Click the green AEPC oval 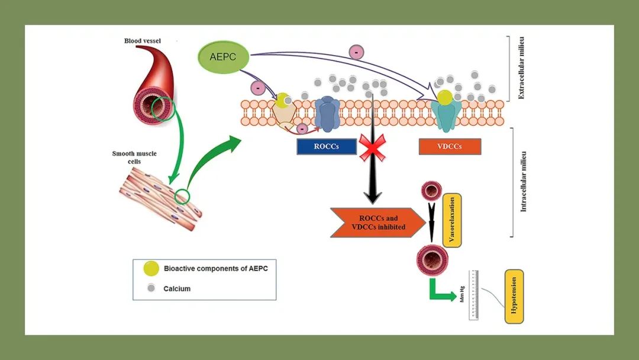pyautogui.click(x=222, y=57)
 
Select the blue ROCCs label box pyautogui.click(x=327, y=146)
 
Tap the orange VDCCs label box pyautogui.click(x=449, y=146)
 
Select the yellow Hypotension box pyautogui.click(x=514, y=296)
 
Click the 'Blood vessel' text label pyautogui.click(x=143, y=41)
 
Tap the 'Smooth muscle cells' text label pyautogui.click(x=135, y=157)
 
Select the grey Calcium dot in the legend pyautogui.click(x=151, y=288)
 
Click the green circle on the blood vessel pyautogui.click(x=162, y=109)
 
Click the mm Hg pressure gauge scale pyautogui.click(x=473, y=295)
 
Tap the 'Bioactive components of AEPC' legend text pyautogui.click(x=215, y=268)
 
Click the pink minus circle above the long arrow pyautogui.click(x=357, y=52)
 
